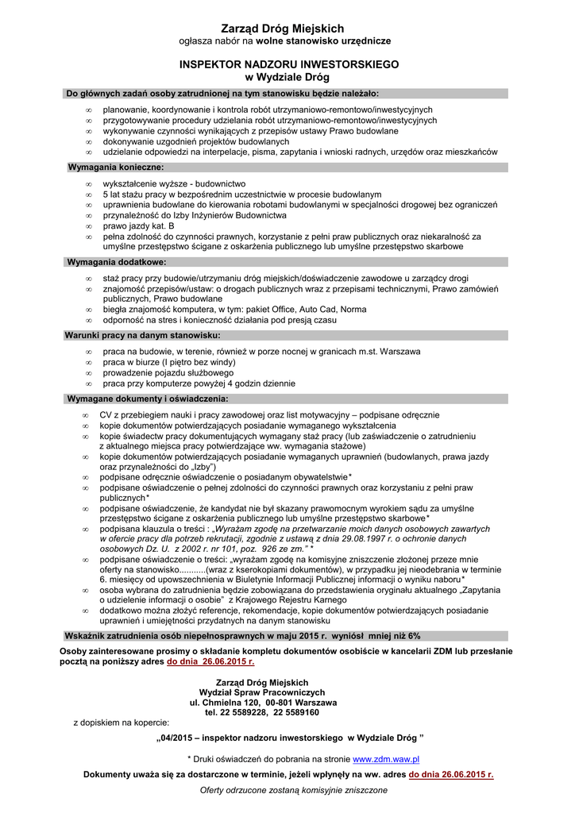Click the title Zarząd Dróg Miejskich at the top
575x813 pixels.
click(x=287, y=28)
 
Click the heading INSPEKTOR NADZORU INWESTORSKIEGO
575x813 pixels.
click(x=287, y=64)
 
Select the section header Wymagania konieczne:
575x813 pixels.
click(x=116, y=168)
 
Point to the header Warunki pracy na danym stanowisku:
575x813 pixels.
click(x=142, y=335)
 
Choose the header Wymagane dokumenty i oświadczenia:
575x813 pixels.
click(x=148, y=398)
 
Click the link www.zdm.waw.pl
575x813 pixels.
click(x=386, y=759)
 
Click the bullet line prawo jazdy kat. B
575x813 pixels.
click(x=138, y=225)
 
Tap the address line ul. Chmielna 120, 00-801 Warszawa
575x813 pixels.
click(x=262, y=703)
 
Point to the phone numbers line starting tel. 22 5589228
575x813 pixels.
click(x=262, y=713)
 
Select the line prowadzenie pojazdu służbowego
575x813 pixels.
click(x=168, y=372)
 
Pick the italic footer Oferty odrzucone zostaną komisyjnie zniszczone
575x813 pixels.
click(x=293, y=790)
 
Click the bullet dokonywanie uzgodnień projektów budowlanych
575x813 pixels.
click(x=195, y=141)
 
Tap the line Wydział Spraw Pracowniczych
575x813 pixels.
click(x=262, y=692)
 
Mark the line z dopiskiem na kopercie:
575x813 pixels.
click(x=121, y=723)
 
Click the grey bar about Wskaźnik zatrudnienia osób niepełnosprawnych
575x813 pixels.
click(x=241, y=636)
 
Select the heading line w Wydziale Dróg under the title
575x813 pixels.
click(x=287, y=76)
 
